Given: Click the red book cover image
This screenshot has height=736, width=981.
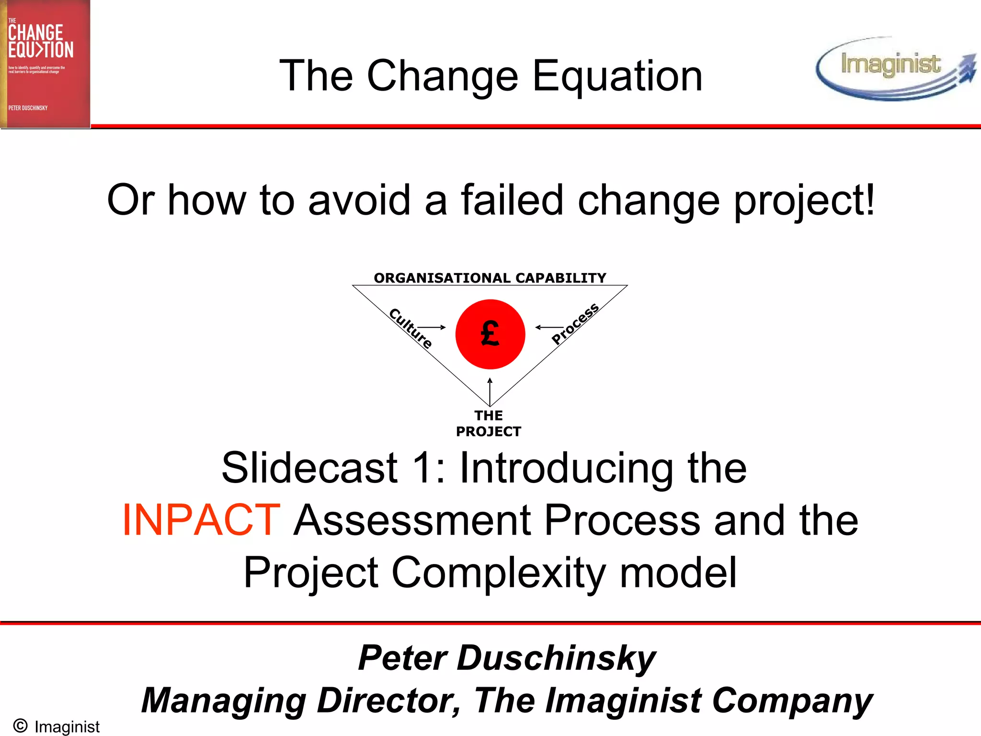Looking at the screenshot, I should [x=45, y=64].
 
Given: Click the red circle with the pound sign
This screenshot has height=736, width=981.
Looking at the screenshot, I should [x=490, y=334].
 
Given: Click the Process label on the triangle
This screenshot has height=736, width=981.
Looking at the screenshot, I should [x=575, y=324].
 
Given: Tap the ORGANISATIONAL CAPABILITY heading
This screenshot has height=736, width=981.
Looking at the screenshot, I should [x=490, y=278].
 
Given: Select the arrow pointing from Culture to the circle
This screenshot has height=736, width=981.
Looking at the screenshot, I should [x=432, y=327].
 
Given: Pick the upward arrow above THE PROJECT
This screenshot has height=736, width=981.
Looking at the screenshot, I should [x=490, y=391].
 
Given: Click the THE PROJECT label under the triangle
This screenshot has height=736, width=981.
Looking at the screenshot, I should [x=489, y=424].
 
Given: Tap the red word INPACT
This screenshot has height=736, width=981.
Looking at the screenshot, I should [x=201, y=520].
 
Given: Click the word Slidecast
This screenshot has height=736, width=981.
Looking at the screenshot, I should [x=309, y=468].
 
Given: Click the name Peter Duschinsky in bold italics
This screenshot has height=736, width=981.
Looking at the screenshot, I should [x=507, y=658].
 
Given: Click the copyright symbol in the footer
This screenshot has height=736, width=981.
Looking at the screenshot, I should [x=20, y=725].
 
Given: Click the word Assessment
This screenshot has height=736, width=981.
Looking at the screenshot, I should [x=412, y=520].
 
